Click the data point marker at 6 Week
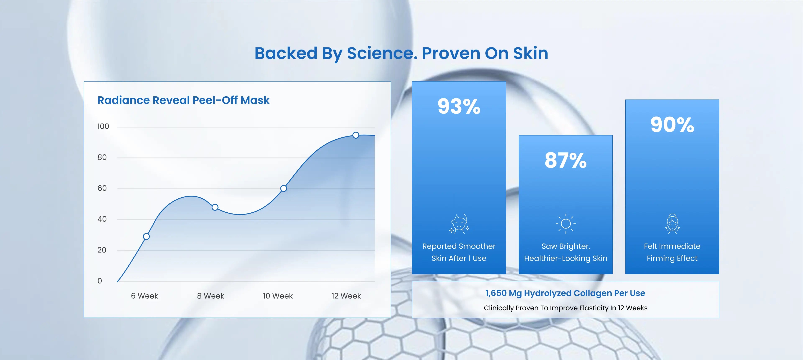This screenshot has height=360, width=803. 146,236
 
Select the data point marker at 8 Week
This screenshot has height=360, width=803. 215,207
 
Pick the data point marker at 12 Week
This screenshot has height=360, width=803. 356,135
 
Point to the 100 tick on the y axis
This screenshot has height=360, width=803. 103,126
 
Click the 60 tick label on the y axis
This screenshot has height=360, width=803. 102,188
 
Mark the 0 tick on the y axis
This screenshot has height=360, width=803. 100,281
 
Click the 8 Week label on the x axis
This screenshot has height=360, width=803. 210,296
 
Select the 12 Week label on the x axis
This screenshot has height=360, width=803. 346,296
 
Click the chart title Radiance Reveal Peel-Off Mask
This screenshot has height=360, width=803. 183,100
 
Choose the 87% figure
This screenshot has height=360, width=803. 565,161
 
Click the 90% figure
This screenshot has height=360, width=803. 672,125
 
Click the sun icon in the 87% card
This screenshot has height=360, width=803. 565,223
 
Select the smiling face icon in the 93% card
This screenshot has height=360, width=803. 459,223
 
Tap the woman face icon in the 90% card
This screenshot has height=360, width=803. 672,223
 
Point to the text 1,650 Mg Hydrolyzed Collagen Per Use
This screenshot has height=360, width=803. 565,293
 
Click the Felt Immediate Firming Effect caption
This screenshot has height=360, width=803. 672,252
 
